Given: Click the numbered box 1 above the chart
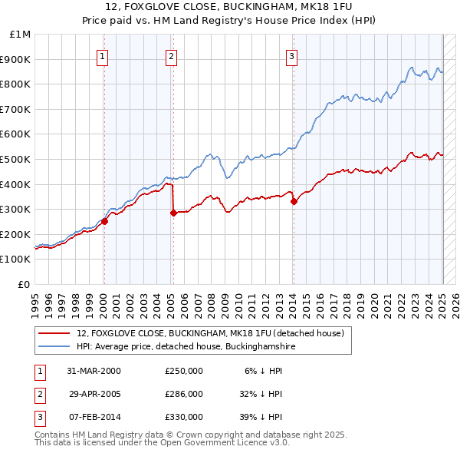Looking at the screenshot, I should point(102,55).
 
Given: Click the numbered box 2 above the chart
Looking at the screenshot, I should point(171,55).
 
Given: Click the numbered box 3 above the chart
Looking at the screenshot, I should point(292,55).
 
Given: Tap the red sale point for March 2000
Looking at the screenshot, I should point(104,222).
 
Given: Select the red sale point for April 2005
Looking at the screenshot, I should point(173,213).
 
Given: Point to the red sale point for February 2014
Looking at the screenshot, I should point(294,202).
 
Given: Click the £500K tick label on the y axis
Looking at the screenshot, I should point(16,159).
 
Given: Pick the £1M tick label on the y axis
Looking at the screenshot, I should point(21,35).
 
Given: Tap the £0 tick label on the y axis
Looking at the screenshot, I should point(25,284).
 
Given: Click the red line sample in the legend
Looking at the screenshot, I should point(54,334).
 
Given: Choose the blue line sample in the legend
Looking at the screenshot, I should point(54,347).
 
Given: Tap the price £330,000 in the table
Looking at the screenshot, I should point(184,417).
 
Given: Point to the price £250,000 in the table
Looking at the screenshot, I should point(184,371).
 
